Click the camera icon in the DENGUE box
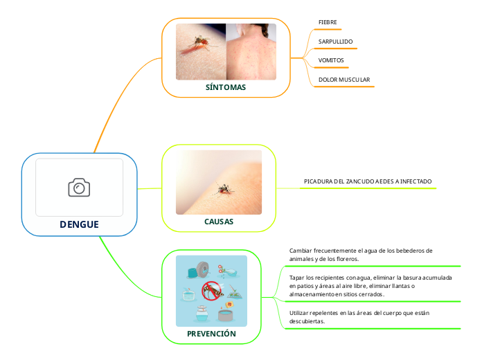(x=79, y=188)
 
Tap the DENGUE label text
(x=79, y=224)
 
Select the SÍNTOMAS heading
(x=226, y=88)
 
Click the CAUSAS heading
(x=219, y=222)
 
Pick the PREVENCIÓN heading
(x=211, y=334)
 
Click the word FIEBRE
(x=328, y=22)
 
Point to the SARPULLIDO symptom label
(x=335, y=42)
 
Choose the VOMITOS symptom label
(x=331, y=60)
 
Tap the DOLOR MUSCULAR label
(x=344, y=80)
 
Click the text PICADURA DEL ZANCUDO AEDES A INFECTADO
(x=368, y=181)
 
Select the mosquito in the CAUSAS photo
(x=223, y=188)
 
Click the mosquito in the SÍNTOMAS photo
(x=199, y=43)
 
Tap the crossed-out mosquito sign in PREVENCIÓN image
(x=211, y=291)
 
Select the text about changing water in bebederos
(x=361, y=254)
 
